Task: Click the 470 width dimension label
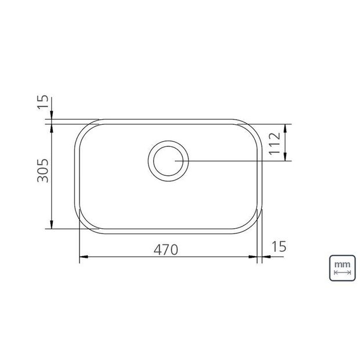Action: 165,250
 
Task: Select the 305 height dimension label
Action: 43,170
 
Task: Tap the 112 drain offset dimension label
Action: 275,143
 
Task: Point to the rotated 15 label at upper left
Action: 43,102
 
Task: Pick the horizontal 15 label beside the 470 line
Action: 279,246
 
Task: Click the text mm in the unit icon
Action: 342,264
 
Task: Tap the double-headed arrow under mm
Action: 343,272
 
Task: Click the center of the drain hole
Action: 168,161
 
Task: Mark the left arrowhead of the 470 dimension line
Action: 84,257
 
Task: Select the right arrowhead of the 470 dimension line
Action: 253,257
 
